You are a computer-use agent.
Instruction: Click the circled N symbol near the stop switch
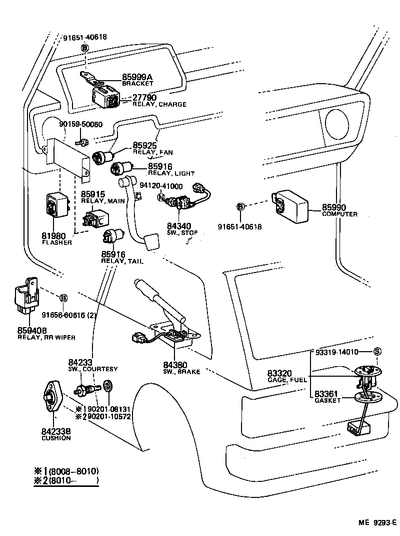[x=161, y=197]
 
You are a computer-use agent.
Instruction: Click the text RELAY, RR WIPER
[x=46, y=338]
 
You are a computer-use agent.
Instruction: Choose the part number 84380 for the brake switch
[x=174, y=365]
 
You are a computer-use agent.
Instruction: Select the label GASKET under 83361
[x=328, y=400]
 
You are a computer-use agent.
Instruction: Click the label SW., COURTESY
[x=93, y=369]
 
